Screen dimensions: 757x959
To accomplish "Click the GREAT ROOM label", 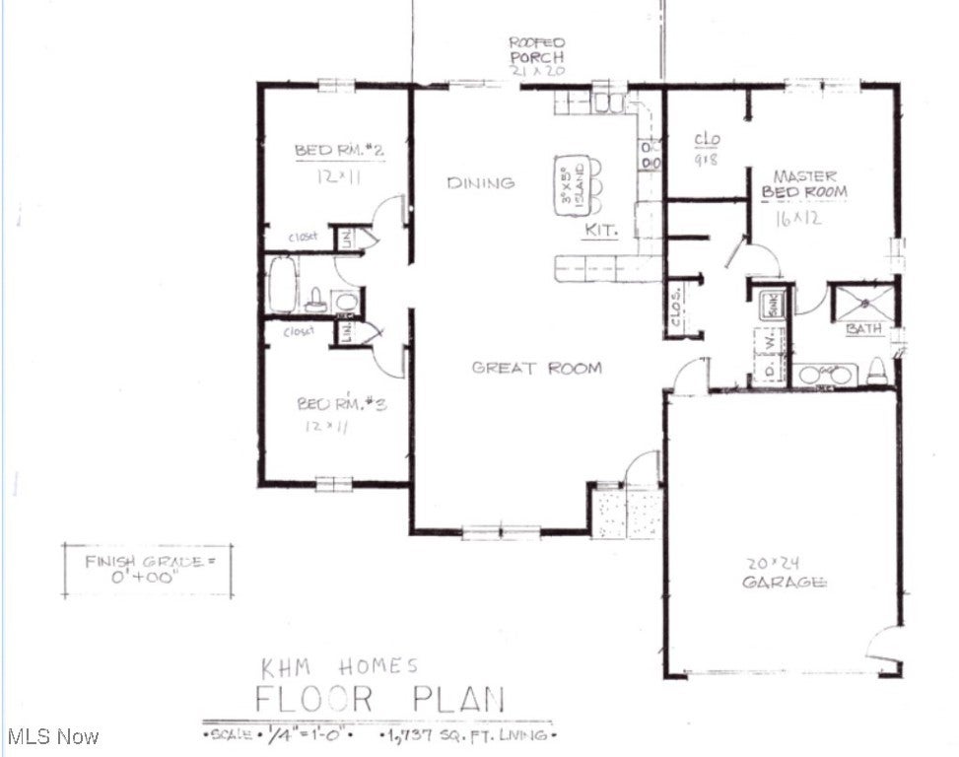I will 536,368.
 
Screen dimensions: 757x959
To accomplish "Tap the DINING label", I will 480,182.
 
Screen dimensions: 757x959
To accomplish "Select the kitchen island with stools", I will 574,185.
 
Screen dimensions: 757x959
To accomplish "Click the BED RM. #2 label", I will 339,151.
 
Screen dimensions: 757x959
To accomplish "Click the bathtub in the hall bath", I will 283,285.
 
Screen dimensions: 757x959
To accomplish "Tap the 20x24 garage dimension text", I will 772,563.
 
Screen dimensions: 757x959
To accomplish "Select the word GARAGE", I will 785,582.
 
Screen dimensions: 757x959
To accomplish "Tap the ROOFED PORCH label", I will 536,55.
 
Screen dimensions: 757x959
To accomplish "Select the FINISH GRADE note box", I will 149,570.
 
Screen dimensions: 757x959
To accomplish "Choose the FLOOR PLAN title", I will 379,699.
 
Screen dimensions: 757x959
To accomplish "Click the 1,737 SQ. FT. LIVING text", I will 468,735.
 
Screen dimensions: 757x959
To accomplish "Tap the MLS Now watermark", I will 51,736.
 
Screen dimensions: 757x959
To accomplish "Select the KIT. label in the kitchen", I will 600,230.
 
